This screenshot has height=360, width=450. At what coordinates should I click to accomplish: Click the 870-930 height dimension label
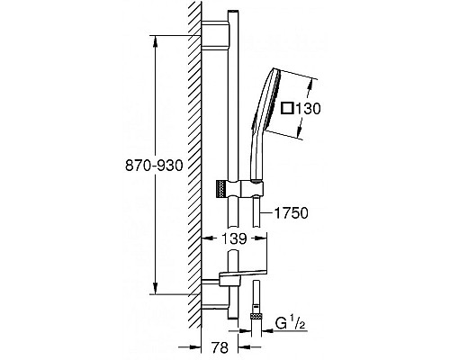coord(154,166)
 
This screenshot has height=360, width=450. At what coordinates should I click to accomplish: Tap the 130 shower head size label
coord(308,108)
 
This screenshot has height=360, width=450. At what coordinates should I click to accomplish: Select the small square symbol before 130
coord(287,108)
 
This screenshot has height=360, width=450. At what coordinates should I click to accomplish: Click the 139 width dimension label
coord(234,238)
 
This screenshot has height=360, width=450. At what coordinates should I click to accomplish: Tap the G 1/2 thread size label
coord(290,324)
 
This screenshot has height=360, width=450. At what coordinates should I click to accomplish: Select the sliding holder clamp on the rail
coord(240,189)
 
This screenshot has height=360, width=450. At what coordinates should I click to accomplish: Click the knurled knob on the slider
coord(220,189)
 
